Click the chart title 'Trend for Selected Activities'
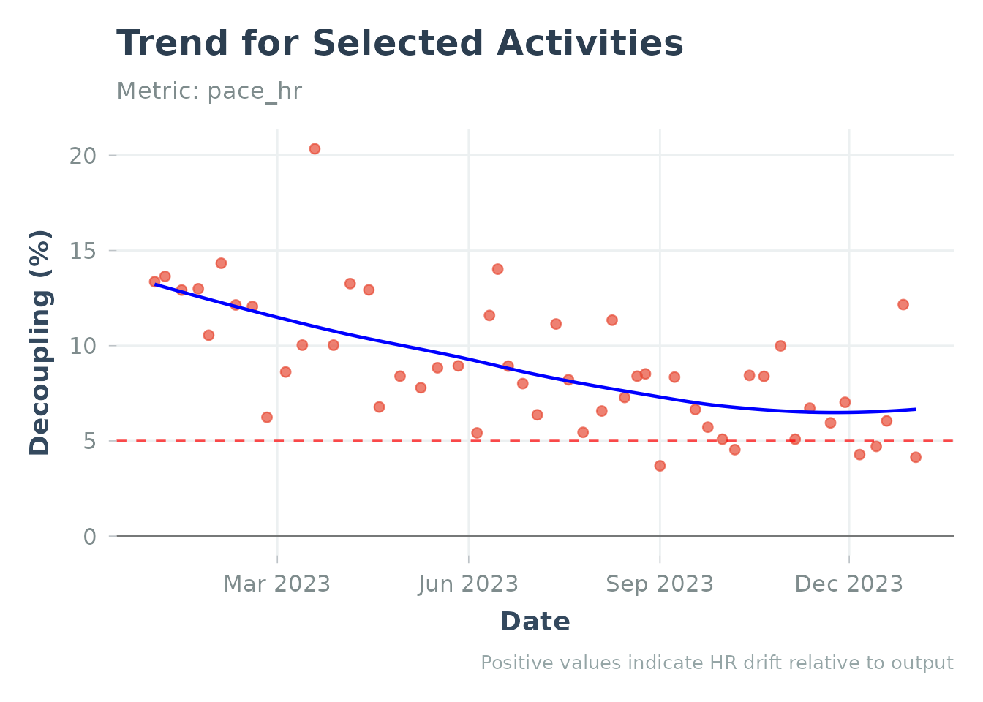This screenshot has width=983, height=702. click(399, 44)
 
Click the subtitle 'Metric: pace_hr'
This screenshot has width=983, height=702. click(209, 91)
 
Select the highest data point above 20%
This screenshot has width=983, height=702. click(315, 148)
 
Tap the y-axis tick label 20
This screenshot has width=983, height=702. click(83, 156)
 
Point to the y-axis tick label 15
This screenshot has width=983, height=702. click(83, 251)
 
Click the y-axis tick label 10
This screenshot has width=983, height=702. click(83, 346)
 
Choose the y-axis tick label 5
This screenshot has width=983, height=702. click(89, 441)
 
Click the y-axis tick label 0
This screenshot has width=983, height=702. click(89, 537)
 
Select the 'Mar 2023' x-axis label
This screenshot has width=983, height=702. click(276, 584)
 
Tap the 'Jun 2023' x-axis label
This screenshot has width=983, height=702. click(468, 584)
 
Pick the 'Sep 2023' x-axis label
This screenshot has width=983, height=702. click(659, 584)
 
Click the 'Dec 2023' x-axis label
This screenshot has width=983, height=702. click(848, 584)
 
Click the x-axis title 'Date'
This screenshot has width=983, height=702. click(535, 622)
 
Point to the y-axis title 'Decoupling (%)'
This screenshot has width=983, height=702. click(40, 342)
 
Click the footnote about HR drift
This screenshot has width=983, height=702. click(717, 663)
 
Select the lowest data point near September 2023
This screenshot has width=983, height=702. click(660, 466)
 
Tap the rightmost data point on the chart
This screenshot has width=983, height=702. click(916, 457)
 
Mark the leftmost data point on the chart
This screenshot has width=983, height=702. click(154, 282)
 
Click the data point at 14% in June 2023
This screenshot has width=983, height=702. click(497, 269)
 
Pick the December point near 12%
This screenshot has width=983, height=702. click(903, 304)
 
